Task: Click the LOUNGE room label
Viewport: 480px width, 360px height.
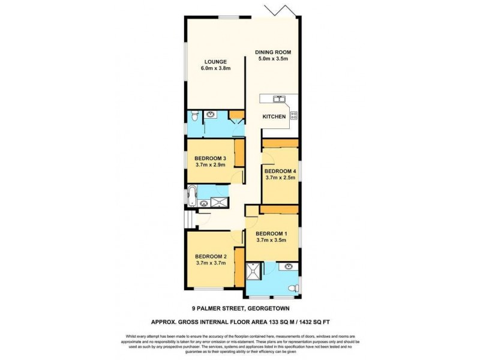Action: tap(215, 61)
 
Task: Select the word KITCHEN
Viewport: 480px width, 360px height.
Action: tap(274, 116)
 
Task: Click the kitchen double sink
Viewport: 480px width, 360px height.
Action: tap(279, 98)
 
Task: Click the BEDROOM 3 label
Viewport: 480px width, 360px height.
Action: tap(210, 158)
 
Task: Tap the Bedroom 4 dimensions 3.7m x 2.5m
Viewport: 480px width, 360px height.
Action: tap(280, 178)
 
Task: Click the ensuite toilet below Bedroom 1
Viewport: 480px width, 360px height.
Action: tap(293, 289)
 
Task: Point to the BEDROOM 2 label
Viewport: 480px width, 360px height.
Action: tap(210, 256)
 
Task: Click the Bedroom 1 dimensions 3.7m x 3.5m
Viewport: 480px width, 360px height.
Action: tap(272, 240)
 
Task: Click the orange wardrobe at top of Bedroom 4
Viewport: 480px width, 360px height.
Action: tap(280, 143)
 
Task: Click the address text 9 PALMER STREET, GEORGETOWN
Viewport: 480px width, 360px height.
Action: tap(240, 311)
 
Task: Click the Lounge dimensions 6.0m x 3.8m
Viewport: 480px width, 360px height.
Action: tap(215, 68)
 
